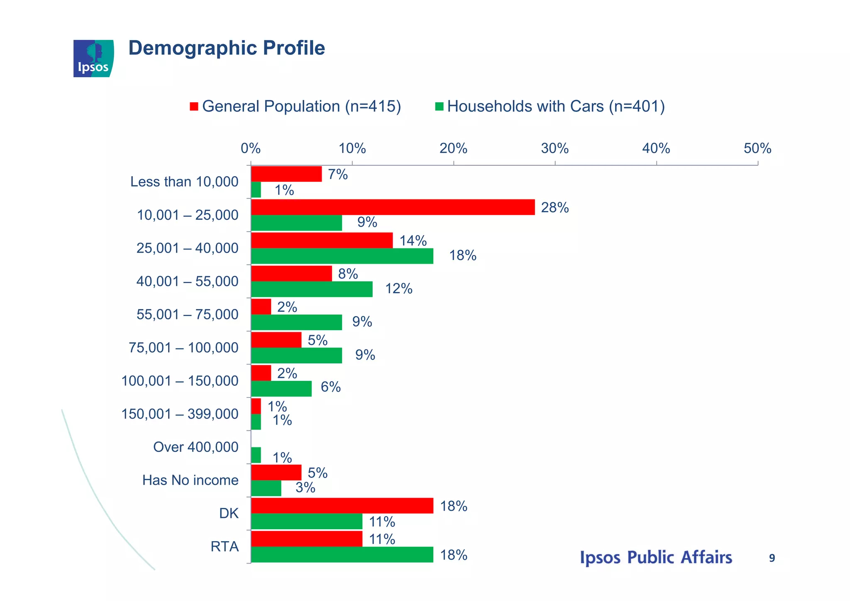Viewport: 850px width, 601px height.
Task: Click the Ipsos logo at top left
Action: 93,59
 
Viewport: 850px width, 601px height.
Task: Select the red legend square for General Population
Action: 194,107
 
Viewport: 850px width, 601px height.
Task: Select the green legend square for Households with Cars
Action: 439,107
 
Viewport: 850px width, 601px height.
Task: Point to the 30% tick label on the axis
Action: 554,148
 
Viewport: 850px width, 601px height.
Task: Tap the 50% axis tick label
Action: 757,148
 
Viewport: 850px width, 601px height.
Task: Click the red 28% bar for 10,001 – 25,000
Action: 393,207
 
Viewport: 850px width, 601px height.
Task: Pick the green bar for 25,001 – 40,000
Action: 342,256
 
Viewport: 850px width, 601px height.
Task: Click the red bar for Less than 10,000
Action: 286,174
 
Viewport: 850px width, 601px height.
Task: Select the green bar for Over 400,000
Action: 256,455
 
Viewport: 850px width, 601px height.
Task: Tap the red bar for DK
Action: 342,506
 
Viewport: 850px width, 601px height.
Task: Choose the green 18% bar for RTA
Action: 342,555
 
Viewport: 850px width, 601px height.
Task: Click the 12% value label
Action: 398,289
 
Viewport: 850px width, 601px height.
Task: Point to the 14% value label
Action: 413,241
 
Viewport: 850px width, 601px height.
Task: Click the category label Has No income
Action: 190,480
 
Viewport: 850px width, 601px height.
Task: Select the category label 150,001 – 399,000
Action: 180,414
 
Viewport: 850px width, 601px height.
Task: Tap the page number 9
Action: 772,558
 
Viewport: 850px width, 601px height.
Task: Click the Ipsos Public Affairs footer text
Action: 655,558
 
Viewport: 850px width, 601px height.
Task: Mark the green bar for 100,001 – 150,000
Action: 281,389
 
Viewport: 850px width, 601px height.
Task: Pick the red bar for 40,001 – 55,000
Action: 291,274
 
